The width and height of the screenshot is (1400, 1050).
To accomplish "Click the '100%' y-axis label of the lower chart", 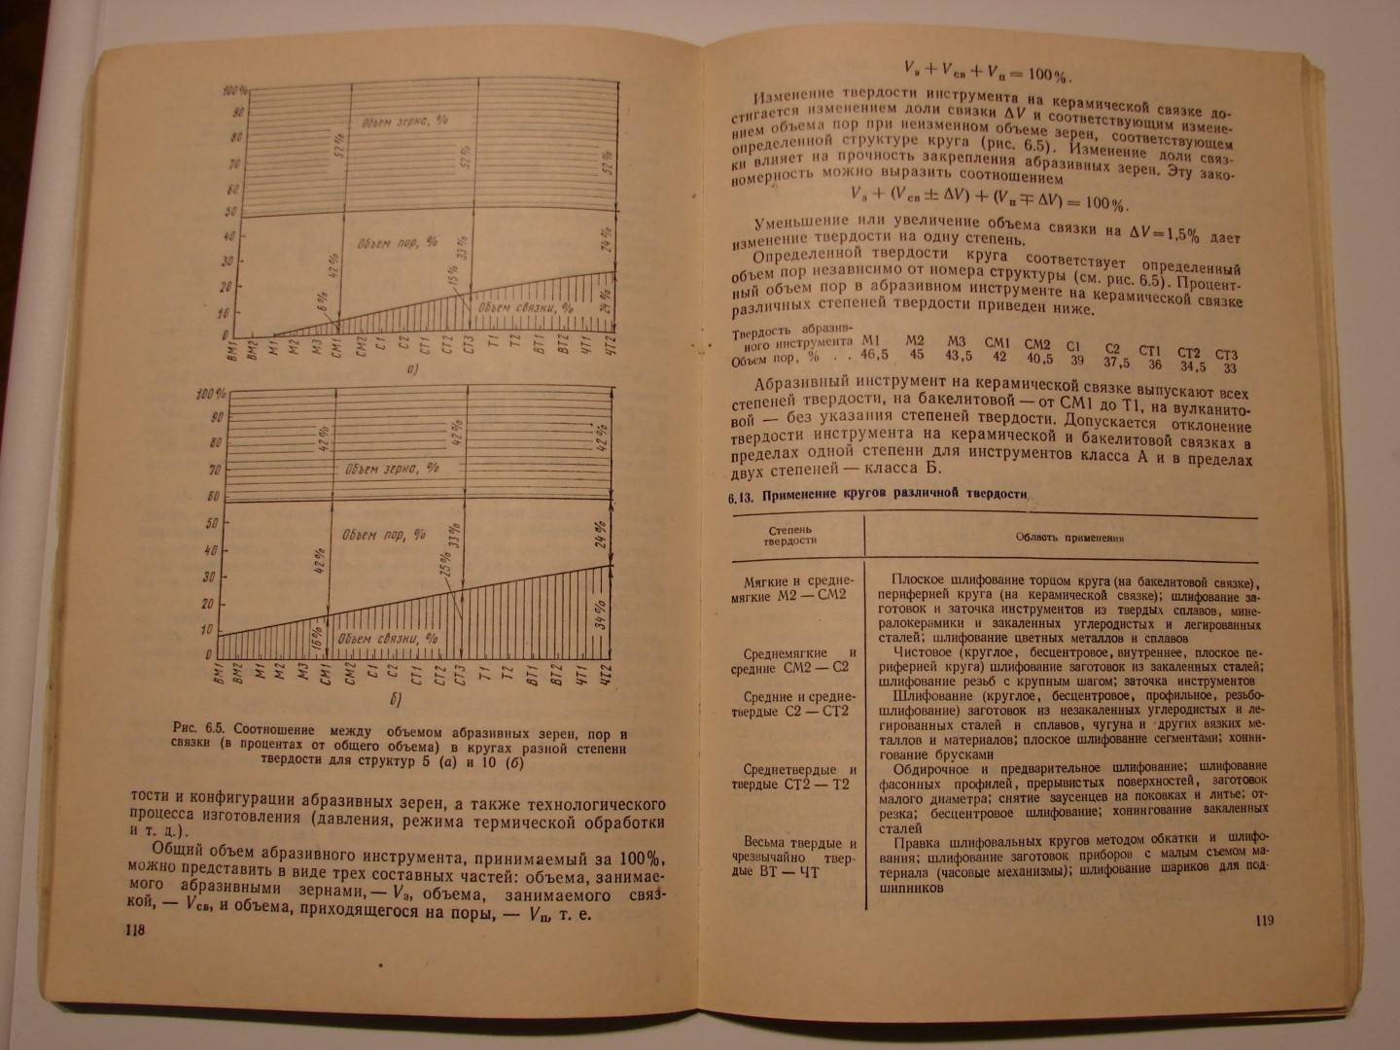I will (210, 394).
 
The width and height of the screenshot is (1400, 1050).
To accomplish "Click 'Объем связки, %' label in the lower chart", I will (378, 639).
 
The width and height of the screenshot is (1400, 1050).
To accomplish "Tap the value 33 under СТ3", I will (1229, 368).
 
